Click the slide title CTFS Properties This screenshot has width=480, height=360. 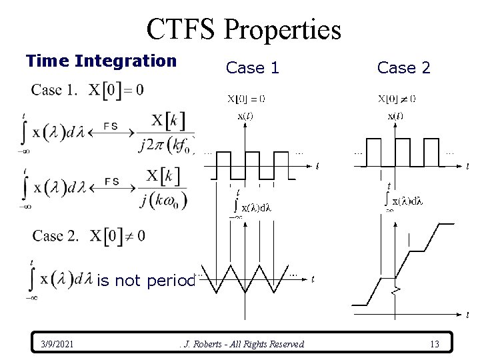point(243,29)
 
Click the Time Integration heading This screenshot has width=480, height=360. point(101,61)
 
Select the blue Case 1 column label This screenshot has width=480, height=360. point(253,67)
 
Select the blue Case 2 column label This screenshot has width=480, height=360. point(403,67)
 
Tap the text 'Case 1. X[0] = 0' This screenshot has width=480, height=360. point(87,89)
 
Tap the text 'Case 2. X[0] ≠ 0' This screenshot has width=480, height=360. point(88,235)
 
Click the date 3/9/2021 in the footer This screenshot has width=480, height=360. point(56,344)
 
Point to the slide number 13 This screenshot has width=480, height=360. point(434,344)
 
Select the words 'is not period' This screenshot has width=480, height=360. point(145,281)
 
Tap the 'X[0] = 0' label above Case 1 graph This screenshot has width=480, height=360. point(247,99)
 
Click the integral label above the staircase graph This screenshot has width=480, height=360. point(401,199)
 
